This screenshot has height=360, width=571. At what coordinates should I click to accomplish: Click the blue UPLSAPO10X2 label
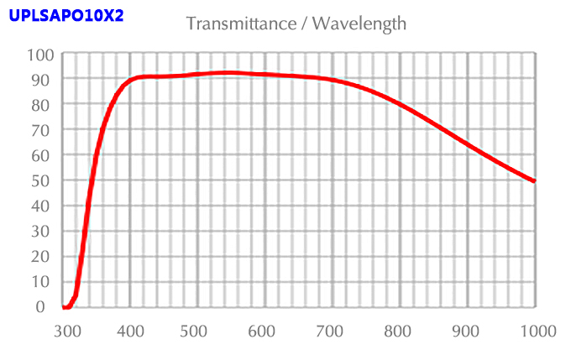click(65, 15)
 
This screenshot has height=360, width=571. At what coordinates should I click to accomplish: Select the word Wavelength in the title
click(359, 23)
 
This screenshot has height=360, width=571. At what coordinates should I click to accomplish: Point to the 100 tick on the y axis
click(40, 55)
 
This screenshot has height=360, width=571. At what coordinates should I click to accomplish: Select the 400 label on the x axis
click(130, 331)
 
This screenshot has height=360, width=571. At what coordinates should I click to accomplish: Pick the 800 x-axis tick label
click(400, 331)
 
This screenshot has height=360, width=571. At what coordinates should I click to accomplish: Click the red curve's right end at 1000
click(534, 180)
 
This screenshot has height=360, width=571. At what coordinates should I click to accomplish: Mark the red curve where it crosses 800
click(400, 105)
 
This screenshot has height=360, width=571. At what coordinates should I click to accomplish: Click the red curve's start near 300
click(65, 306)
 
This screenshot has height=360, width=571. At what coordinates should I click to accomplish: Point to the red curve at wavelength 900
click(467, 144)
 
